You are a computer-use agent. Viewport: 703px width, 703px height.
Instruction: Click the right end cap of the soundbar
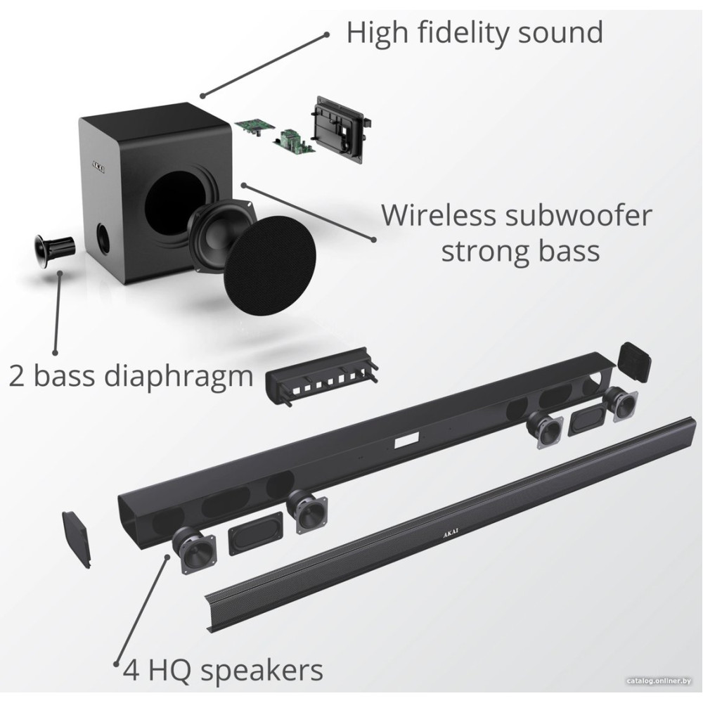coord(634,361)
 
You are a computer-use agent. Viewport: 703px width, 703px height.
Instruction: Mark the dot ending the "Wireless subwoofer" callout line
coord(373,239)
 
